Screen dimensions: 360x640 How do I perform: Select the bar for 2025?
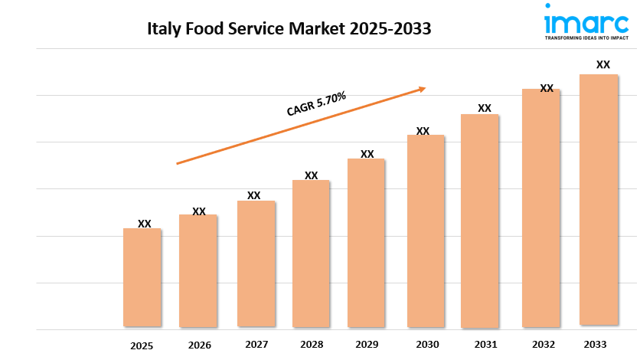click(142, 277)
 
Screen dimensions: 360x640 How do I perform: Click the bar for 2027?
click(256, 263)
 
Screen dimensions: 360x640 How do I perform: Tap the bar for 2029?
click(366, 243)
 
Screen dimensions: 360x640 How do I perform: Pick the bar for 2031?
click(480, 221)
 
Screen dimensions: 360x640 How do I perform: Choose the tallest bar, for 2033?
click(599, 200)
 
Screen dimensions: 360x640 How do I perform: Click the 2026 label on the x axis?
click(199, 345)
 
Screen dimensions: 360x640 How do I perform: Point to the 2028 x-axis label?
click(312, 345)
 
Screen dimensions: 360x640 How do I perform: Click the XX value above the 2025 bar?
click(145, 224)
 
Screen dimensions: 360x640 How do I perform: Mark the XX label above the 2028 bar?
click(312, 175)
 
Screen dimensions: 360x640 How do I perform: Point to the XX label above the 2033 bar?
click(603, 64)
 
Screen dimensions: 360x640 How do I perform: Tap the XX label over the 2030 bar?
click(423, 131)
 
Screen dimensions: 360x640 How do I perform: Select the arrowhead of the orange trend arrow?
click(421, 89)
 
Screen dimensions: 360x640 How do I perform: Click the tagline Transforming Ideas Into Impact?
click(587, 37)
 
